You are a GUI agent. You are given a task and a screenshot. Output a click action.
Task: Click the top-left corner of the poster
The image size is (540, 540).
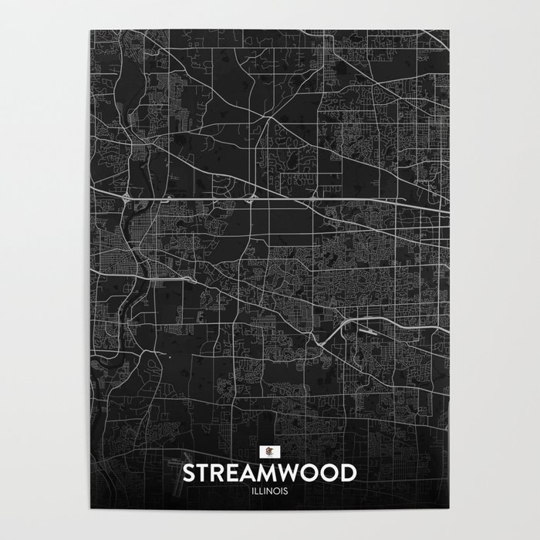tap(89, 29)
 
